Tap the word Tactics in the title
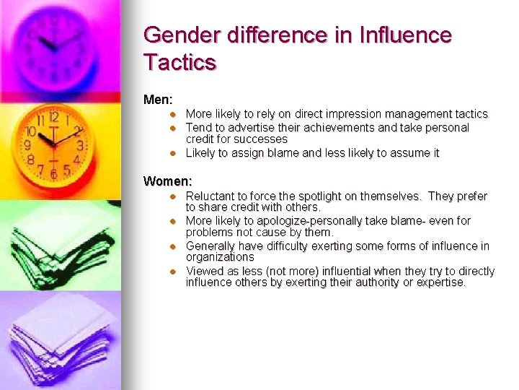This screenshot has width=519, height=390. click(180, 62)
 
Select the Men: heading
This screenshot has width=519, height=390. click(158, 98)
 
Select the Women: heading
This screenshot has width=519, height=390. click(168, 181)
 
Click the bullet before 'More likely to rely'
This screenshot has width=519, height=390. click(173, 114)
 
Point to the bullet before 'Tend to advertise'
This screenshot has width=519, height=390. click(173, 128)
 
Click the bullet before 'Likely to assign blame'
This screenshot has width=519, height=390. click(173, 153)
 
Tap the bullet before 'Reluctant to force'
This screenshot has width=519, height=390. click(173, 196)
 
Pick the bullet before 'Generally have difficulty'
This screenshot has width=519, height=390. click(173, 246)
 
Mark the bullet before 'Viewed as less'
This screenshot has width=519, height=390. click(173, 272)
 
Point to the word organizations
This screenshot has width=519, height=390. click(220, 257)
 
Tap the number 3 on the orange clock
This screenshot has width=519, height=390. click(79, 145)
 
